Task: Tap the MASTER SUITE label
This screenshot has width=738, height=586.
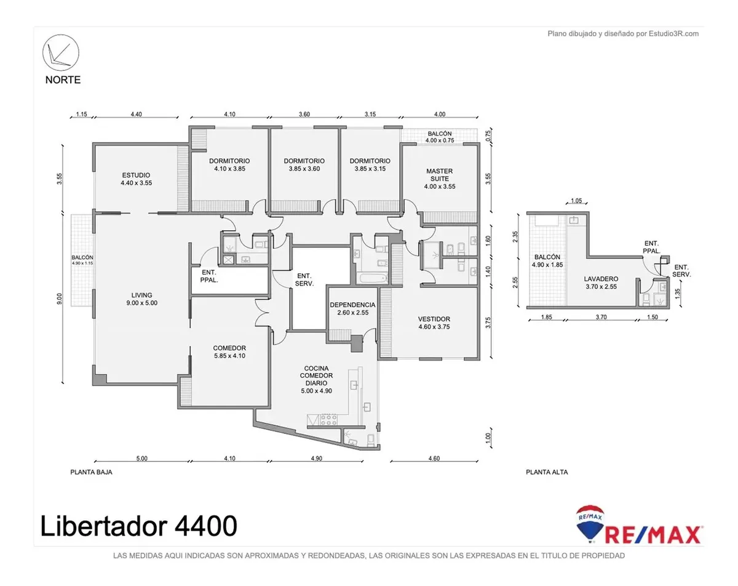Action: click(440, 179)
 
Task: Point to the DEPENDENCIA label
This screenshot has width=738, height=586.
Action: click(352, 305)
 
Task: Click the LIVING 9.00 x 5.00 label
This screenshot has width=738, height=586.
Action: click(141, 299)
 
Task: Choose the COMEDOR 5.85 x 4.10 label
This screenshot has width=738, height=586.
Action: click(229, 351)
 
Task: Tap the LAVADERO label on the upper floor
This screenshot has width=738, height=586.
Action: click(601, 279)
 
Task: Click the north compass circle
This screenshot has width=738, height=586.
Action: click(61, 52)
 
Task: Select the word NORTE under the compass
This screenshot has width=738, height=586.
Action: click(63, 80)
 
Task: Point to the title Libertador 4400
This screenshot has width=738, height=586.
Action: click(138, 526)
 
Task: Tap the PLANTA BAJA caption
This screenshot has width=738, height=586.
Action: click(91, 472)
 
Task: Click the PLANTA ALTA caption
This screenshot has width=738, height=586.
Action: click(547, 472)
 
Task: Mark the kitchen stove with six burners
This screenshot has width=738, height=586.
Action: click(328, 420)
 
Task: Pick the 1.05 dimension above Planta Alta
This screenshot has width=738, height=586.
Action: click(576, 201)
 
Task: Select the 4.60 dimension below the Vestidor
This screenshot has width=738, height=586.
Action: click(434, 459)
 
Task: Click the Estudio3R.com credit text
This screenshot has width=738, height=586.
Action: click(623, 34)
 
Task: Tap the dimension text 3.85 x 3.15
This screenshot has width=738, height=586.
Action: click(370, 169)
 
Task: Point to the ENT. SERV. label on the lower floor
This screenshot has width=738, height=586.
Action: click(304, 280)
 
